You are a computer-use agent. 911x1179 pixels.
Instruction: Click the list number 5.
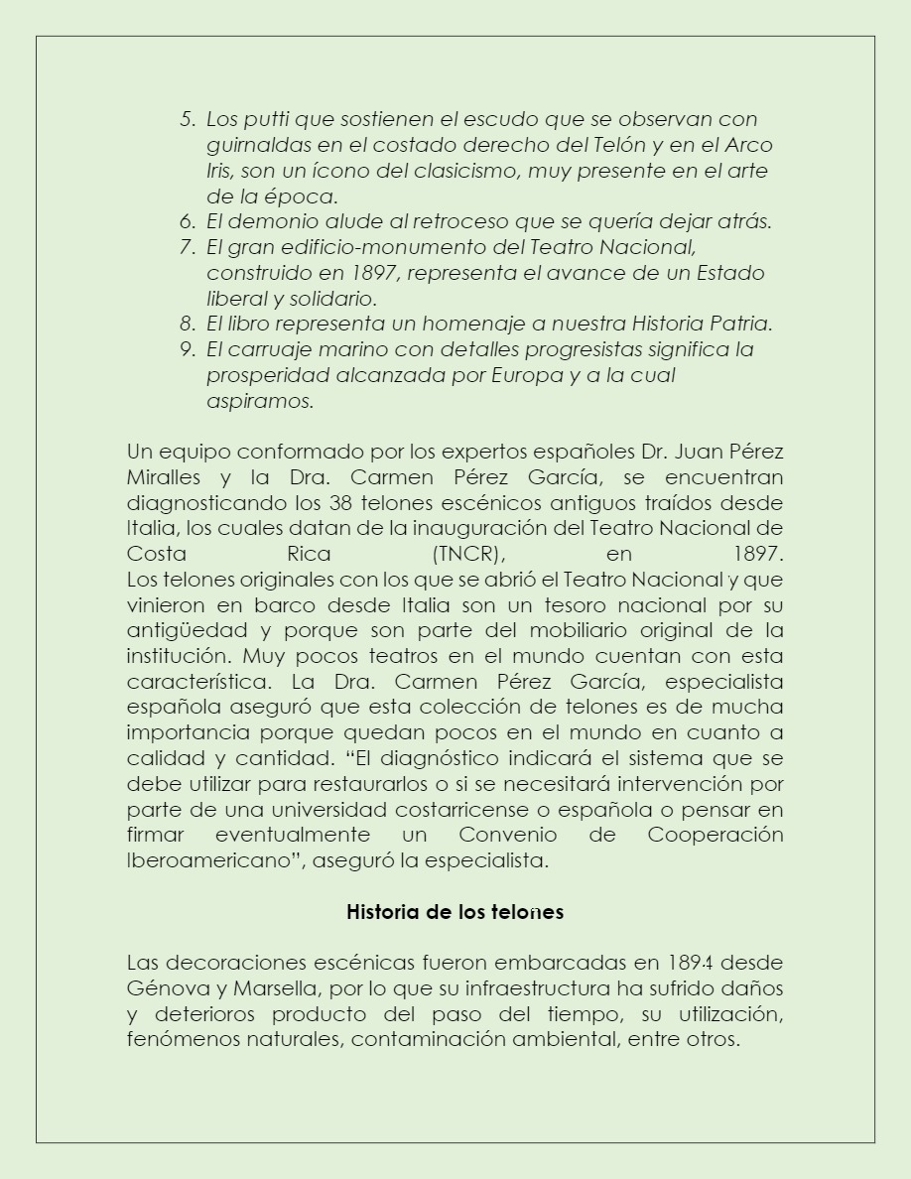point(187,119)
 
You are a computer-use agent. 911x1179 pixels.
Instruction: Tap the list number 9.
point(187,349)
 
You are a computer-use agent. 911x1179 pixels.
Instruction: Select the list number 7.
point(187,246)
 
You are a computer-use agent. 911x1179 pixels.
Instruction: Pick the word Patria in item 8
point(735,324)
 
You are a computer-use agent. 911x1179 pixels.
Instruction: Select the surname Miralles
point(165,476)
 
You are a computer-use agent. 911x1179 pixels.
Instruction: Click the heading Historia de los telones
point(455,912)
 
